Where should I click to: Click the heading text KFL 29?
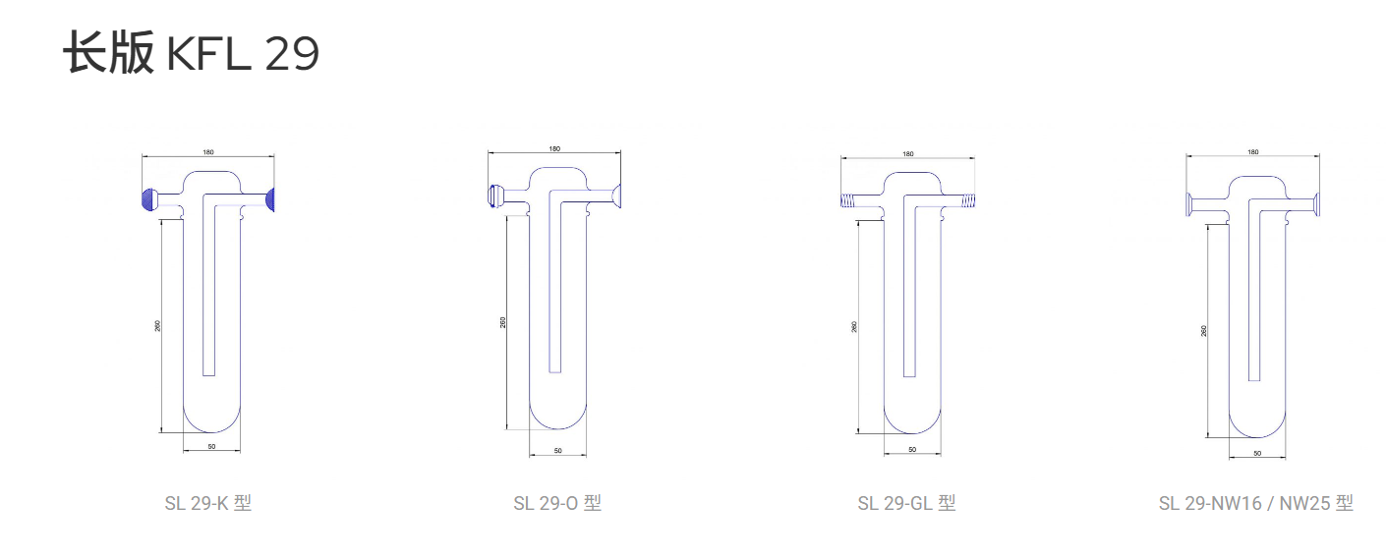click(243, 53)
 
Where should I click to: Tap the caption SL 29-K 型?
click(208, 503)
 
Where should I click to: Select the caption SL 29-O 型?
click(557, 503)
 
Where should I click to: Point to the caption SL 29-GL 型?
click(906, 503)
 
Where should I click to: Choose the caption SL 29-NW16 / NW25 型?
click(1256, 503)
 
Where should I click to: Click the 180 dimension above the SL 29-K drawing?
click(208, 152)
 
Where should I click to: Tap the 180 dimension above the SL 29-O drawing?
click(554, 149)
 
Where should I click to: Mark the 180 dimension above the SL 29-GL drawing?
click(907, 154)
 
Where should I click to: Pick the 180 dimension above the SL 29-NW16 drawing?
click(1253, 152)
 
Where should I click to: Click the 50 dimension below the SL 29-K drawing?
click(211, 446)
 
